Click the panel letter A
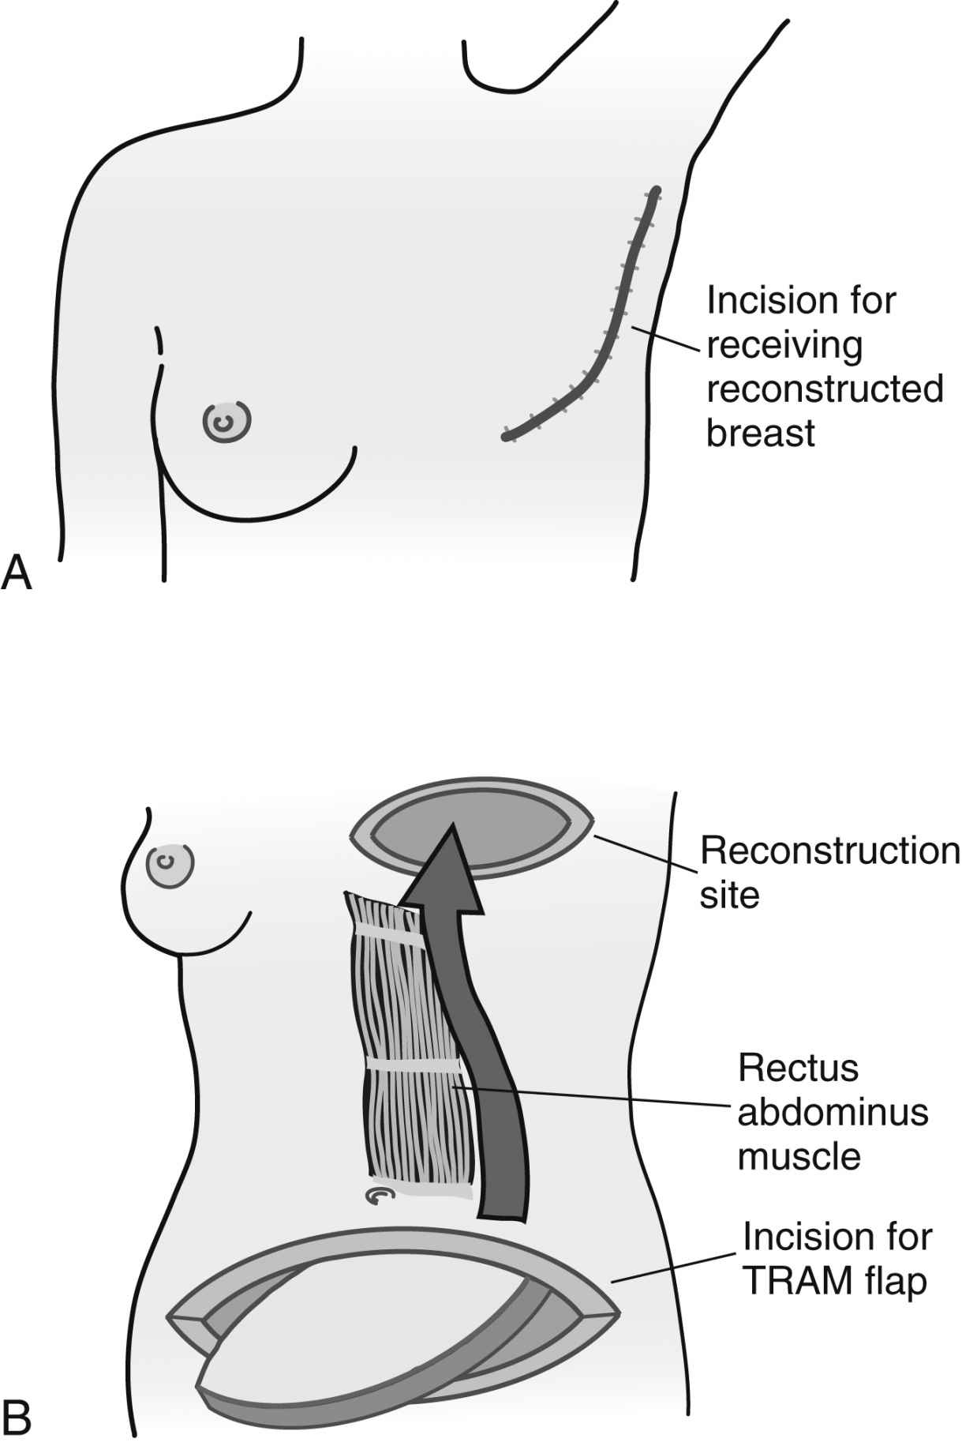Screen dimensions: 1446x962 click(x=17, y=572)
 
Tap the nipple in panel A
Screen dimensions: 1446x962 click(x=226, y=423)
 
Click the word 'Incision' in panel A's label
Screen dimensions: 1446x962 click(x=772, y=301)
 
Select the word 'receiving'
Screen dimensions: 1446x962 click(x=784, y=346)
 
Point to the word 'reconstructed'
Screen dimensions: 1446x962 click(x=825, y=389)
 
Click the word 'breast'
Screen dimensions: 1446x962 click(x=760, y=434)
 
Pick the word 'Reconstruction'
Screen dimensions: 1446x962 click(x=830, y=851)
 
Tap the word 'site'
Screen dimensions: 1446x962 click(x=729, y=896)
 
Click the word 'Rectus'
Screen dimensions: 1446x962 click(x=798, y=1069)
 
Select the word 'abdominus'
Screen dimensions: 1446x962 click(x=833, y=1113)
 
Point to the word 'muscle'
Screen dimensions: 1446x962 click(x=799, y=1157)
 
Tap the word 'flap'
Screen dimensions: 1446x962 click(x=896, y=1282)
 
